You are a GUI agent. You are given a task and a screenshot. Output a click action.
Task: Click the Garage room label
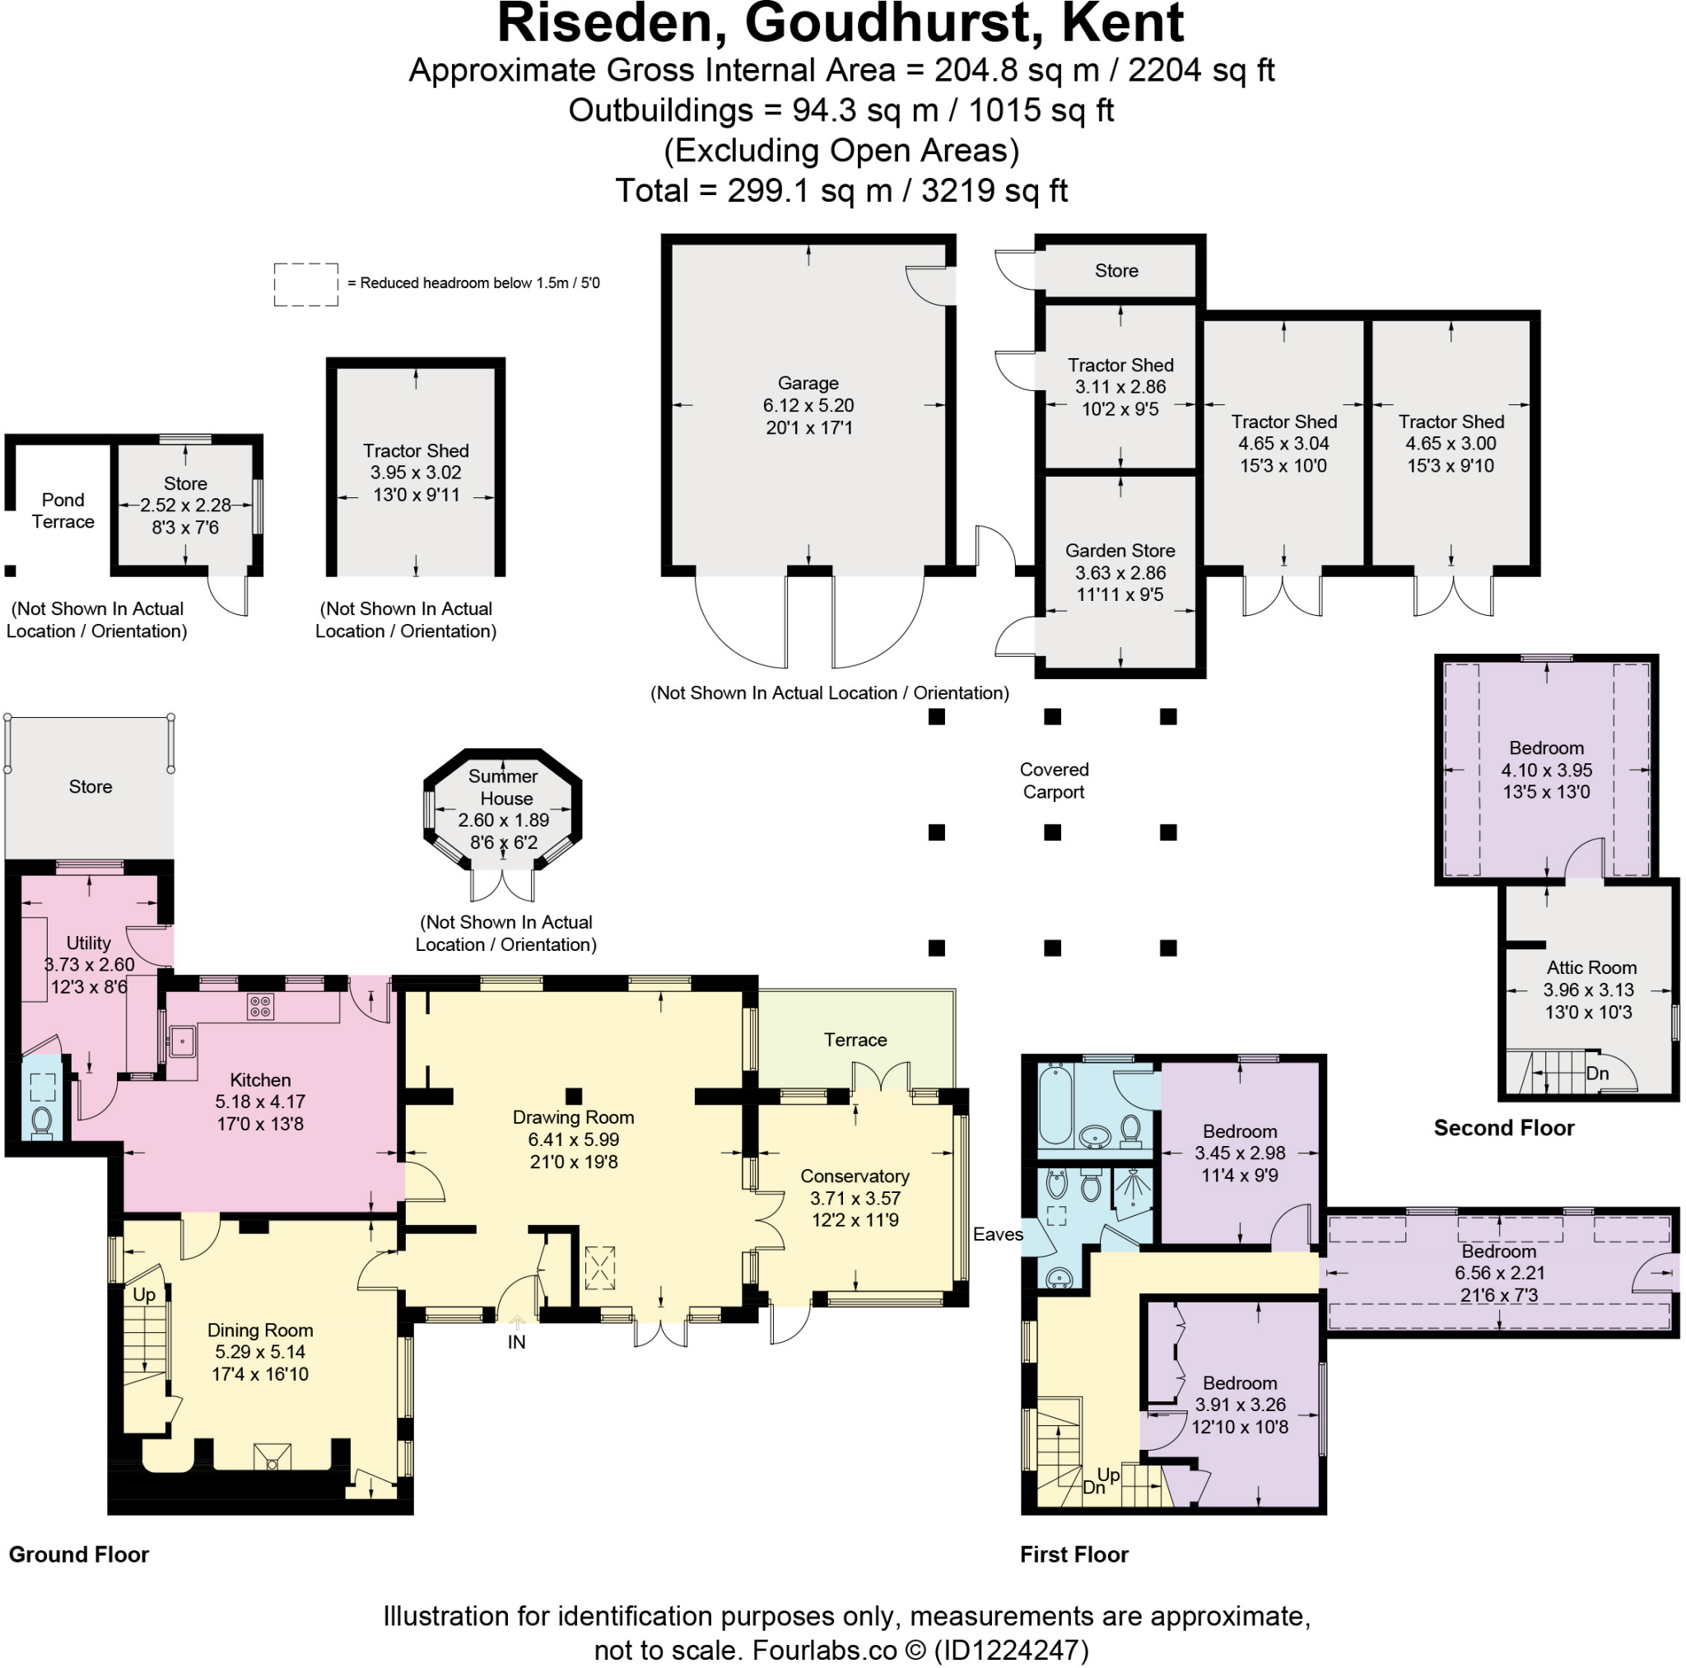click(x=808, y=382)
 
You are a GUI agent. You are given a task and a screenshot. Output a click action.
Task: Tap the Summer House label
click(x=504, y=786)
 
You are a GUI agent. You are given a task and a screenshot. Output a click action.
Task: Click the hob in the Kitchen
click(x=260, y=1005)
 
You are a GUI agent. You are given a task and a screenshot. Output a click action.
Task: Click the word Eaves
click(x=998, y=1233)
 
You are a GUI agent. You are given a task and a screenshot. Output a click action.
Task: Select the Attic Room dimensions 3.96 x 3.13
click(x=1588, y=990)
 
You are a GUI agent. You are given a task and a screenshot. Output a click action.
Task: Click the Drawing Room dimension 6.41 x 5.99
click(x=573, y=1139)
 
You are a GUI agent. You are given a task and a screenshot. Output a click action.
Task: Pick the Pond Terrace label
click(x=63, y=510)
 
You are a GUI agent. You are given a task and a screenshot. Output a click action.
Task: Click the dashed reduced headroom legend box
click(x=306, y=285)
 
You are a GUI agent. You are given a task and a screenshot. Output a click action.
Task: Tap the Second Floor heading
click(x=1503, y=1128)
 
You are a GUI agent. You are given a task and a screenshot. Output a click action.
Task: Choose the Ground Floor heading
click(x=78, y=1554)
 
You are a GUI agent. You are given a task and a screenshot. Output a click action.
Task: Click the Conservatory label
click(x=855, y=1176)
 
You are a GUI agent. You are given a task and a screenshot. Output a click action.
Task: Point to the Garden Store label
click(x=1120, y=551)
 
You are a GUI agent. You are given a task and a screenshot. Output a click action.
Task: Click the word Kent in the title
click(x=1121, y=24)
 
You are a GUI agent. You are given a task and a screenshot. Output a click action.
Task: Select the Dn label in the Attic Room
click(x=1597, y=1074)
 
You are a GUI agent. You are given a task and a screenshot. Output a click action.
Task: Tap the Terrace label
click(x=855, y=1040)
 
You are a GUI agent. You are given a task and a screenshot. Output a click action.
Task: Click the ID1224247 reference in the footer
click(x=1011, y=1650)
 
